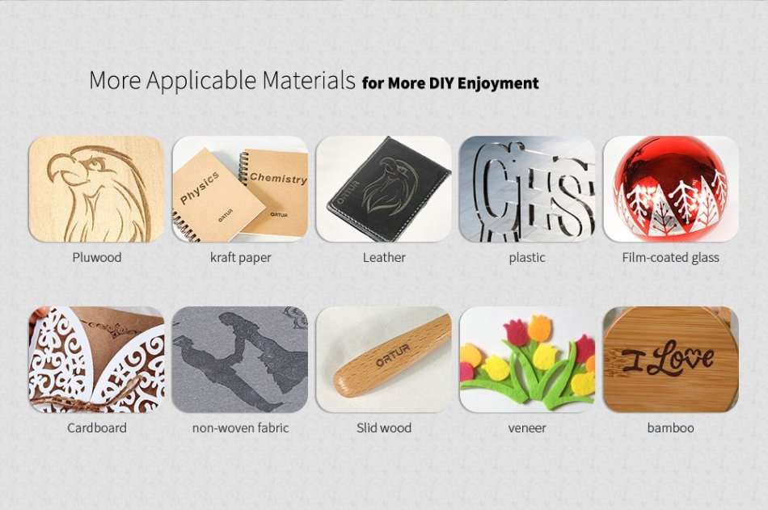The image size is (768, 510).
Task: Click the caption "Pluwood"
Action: [x=96, y=258]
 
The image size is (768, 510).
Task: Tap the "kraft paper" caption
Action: [x=240, y=258]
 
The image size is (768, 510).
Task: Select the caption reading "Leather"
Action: [x=384, y=258]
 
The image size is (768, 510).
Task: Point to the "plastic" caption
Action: [x=527, y=258]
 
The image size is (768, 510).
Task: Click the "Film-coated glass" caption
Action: [x=670, y=258]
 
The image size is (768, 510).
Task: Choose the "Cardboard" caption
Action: [x=96, y=428]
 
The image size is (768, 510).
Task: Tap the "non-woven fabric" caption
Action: [x=240, y=428]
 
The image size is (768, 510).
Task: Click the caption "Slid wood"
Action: [x=384, y=428]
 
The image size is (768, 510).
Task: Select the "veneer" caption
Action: [x=527, y=428]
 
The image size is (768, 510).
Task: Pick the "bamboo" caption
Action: [x=670, y=428]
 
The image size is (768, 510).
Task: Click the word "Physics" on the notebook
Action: [x=200, y=188]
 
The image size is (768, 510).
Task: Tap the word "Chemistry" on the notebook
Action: [x=278, y=177]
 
